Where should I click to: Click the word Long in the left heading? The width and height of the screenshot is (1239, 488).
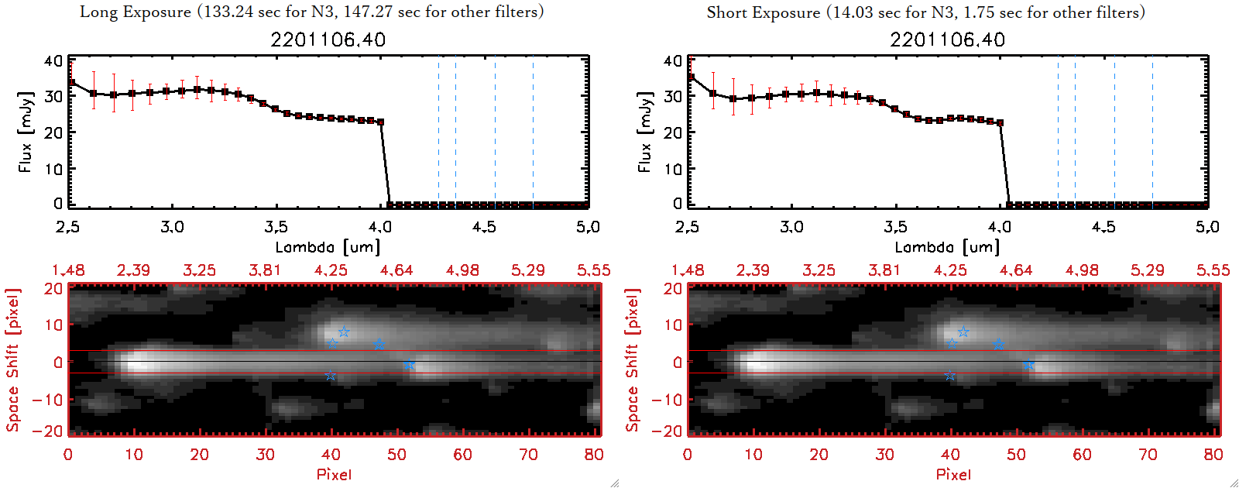click(97, 12)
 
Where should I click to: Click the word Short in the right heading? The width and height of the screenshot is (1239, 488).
click(726, 12)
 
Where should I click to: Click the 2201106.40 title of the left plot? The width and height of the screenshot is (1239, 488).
click(328, 40)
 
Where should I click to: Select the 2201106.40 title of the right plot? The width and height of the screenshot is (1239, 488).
click(948, 40)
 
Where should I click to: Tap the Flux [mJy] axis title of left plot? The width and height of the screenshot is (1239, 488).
click(26, 132)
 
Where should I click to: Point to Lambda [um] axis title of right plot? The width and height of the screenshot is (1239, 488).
click(947, 247)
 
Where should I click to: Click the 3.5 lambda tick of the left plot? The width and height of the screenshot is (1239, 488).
click(276, 227)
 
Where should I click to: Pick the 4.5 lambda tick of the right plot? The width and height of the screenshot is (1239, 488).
click(1103, 227)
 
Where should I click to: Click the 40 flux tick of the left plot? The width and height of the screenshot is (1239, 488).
click(53, 60)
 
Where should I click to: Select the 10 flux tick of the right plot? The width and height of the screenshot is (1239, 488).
click(673, 168)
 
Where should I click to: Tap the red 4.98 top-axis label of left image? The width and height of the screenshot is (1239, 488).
click(462, 270)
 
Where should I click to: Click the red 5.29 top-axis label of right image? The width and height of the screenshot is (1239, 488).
click(1148, 270)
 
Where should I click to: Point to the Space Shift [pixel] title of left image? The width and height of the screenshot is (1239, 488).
click(12, 360)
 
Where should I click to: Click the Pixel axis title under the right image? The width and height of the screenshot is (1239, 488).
click(953, 474)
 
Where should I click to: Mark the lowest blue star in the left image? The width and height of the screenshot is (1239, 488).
click(331, 376)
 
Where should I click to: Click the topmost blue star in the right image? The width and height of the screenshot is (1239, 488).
click(963, 332)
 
